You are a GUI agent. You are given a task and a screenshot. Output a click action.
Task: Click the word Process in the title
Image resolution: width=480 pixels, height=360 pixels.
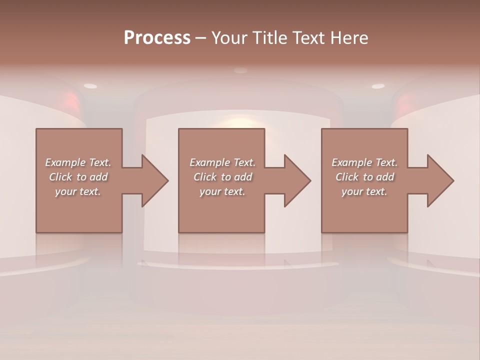[157, 38]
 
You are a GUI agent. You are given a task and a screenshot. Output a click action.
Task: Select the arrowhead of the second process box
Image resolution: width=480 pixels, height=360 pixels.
[296, 180]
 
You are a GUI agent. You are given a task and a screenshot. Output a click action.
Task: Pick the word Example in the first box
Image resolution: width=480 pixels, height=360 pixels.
[65, 162]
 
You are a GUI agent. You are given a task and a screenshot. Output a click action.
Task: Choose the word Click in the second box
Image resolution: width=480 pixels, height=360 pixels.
[204, 177]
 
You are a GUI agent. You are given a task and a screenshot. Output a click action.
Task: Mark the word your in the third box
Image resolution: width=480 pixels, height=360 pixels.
[351, 191]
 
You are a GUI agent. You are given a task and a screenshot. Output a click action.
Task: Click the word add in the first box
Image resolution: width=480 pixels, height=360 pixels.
[99, 177]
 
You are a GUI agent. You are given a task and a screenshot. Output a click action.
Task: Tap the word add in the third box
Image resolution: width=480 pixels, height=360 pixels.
[385, 177]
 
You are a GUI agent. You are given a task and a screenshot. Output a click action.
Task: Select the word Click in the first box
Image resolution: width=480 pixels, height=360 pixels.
[59, 177]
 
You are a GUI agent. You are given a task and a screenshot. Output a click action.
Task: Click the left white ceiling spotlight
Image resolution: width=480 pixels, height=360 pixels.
[90, 86]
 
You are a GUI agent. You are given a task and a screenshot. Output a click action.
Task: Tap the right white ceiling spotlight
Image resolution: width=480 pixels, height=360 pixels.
[378, 86]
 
